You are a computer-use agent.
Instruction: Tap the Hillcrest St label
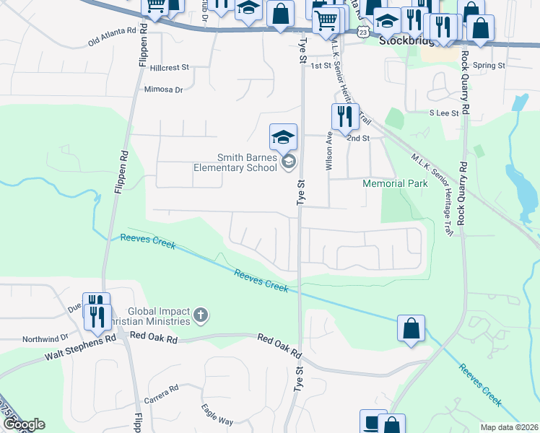[170, 67]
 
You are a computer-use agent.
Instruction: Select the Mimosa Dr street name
[164, 90]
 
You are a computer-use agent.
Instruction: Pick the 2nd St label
[357, 138]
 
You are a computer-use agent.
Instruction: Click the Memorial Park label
[395, 183]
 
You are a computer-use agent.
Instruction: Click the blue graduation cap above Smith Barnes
[284, 135]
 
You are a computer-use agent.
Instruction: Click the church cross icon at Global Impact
[200, 315]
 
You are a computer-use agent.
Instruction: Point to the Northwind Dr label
[45, 337]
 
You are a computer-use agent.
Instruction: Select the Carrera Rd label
[160, 393]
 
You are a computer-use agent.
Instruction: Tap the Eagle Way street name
[217, 416]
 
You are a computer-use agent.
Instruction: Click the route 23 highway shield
[362, 32]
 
